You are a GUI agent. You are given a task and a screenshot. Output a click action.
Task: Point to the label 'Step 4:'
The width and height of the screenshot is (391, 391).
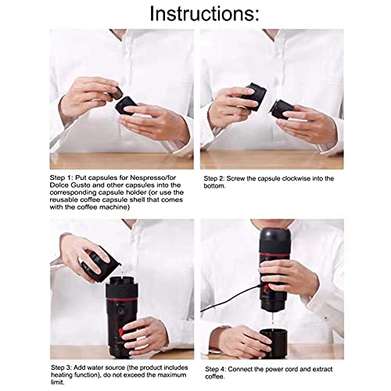[215, 369]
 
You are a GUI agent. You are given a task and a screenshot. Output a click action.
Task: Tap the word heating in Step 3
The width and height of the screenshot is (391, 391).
[63, 375]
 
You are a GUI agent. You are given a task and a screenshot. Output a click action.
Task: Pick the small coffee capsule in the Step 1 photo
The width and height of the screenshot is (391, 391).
[117, 93]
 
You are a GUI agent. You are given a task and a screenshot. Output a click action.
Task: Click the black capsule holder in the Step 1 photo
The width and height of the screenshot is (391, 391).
[126, 106]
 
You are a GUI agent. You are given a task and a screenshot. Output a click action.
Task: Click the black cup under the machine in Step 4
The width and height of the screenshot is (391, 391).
[274, 343]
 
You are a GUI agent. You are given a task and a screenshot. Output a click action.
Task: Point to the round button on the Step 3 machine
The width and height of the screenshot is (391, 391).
[120, 311]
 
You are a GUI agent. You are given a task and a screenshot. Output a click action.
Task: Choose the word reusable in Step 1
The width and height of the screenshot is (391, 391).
[64, 200]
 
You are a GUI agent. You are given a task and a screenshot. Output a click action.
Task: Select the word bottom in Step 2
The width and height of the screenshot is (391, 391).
[214, 186]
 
